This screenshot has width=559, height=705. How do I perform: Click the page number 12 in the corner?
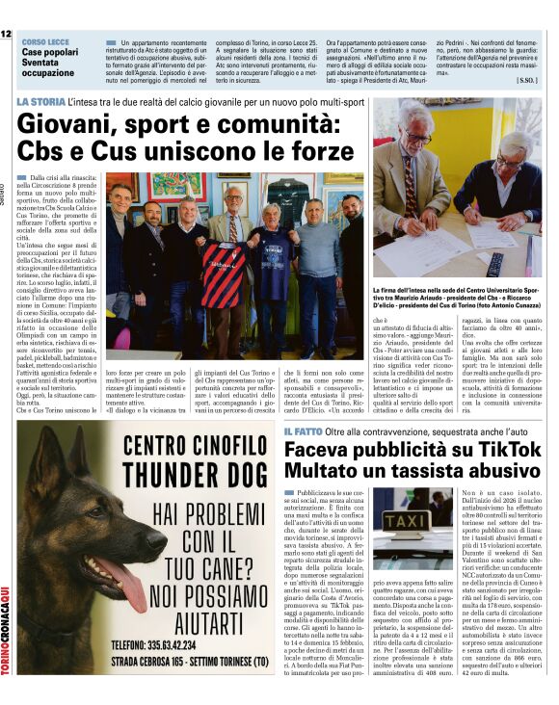pos(7,34)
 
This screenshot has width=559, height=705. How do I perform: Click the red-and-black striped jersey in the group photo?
pos(224,274)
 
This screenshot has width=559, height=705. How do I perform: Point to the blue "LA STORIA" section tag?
pos(41,102)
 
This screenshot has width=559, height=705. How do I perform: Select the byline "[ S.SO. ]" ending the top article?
pos(526,80)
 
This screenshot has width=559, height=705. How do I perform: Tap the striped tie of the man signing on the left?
pos(411,196)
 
